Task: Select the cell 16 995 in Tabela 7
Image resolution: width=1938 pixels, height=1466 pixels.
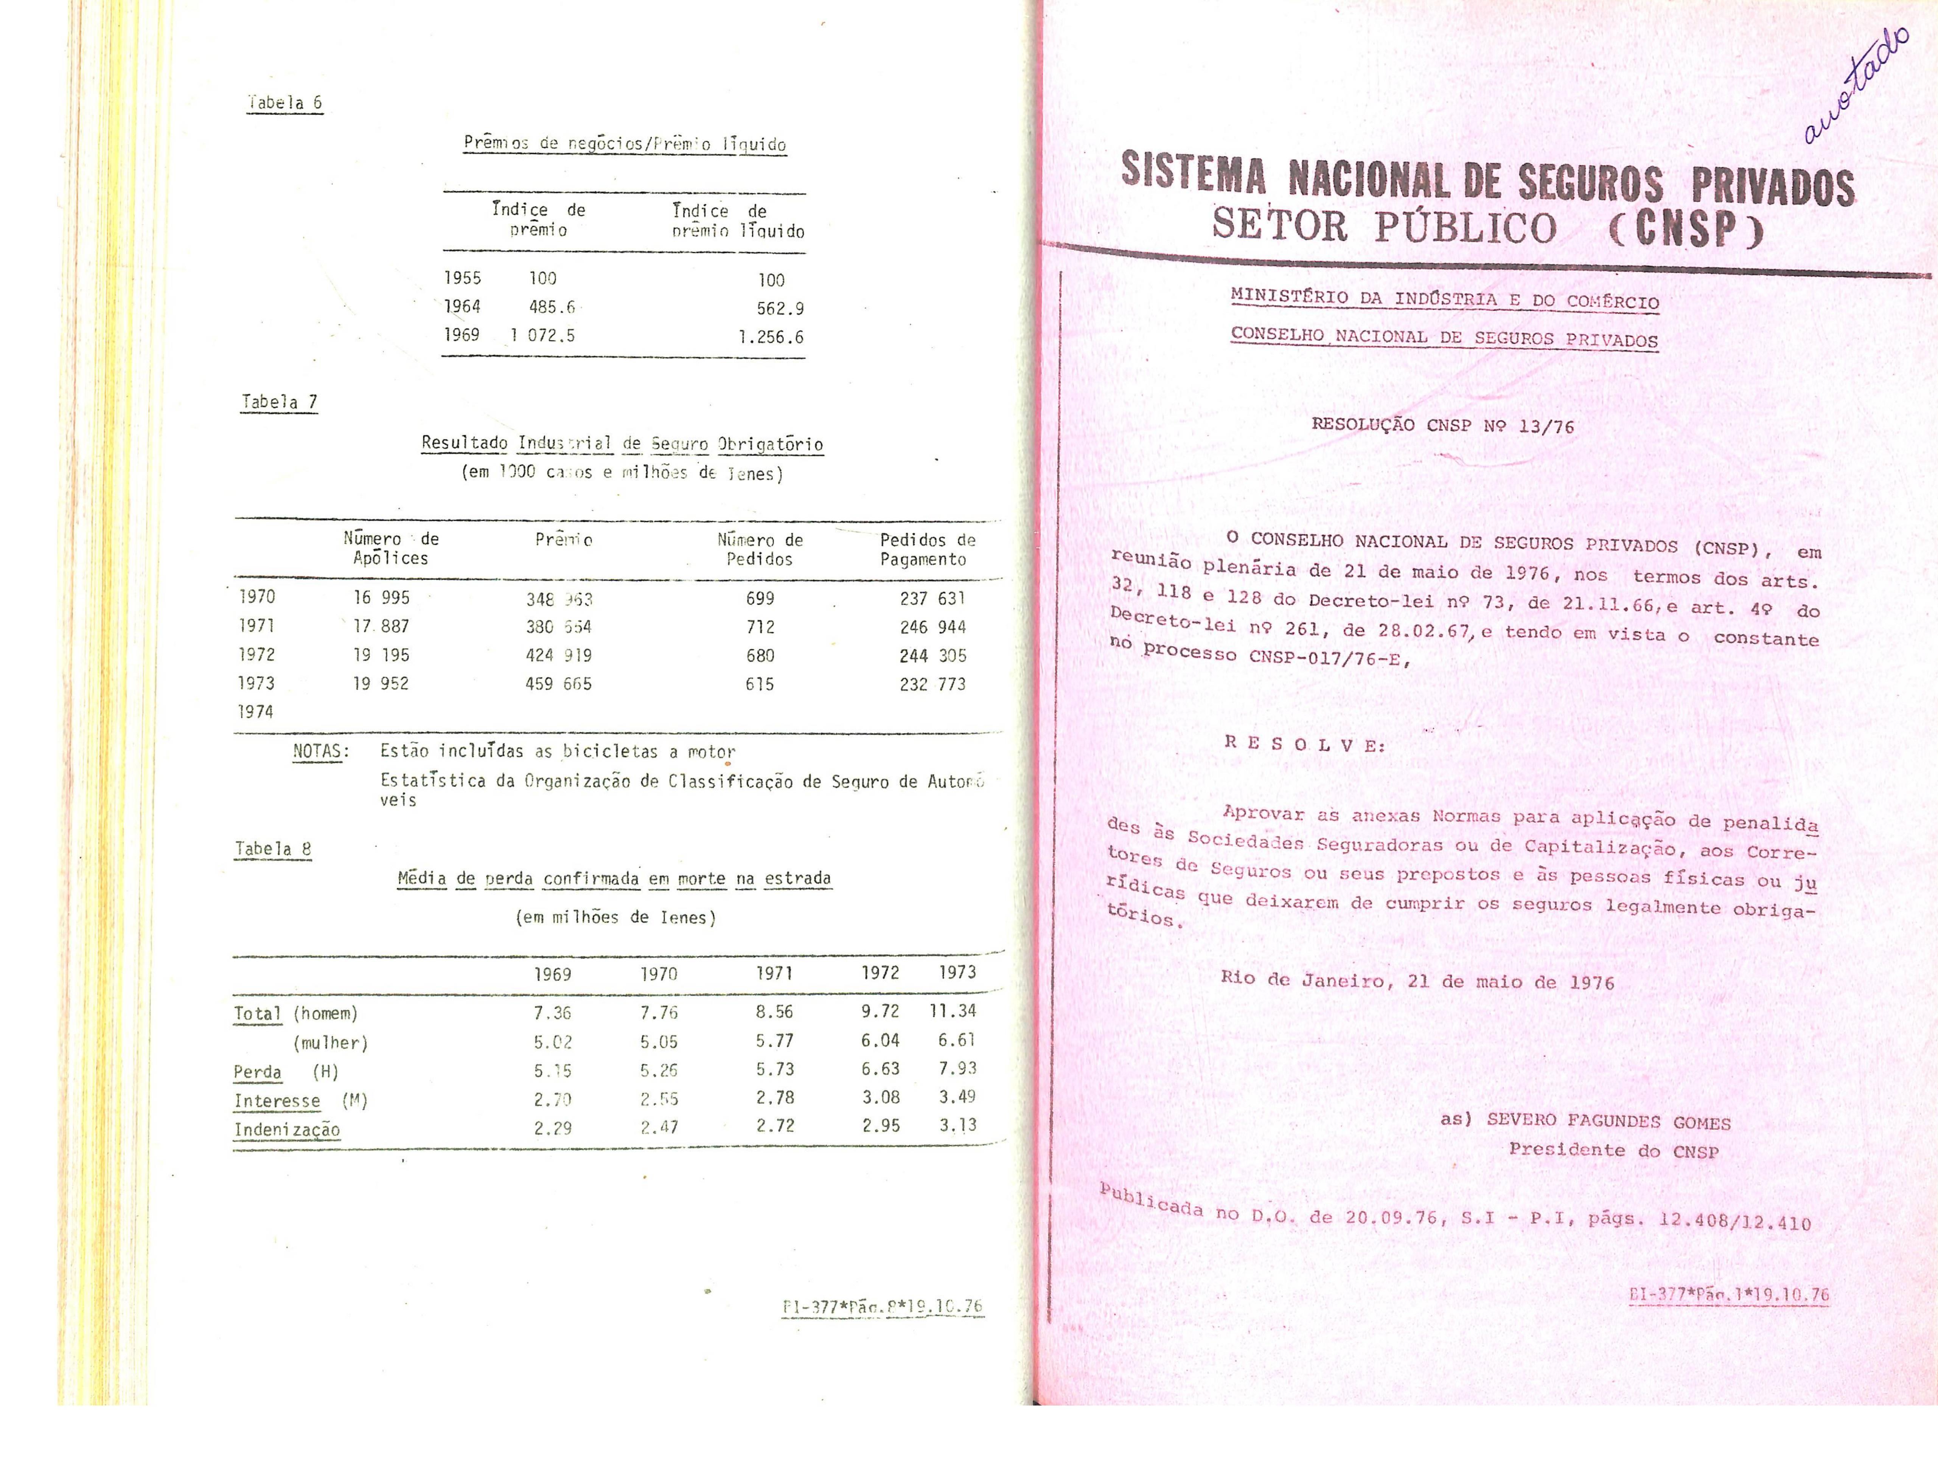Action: coord(381,597)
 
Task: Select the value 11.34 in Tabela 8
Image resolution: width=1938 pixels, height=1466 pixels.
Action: coord(952,1011)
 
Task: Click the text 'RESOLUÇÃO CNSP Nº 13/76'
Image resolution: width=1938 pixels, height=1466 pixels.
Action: coord(1442,426)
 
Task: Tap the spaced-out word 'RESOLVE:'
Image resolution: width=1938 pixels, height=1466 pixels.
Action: coord(1304,745)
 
